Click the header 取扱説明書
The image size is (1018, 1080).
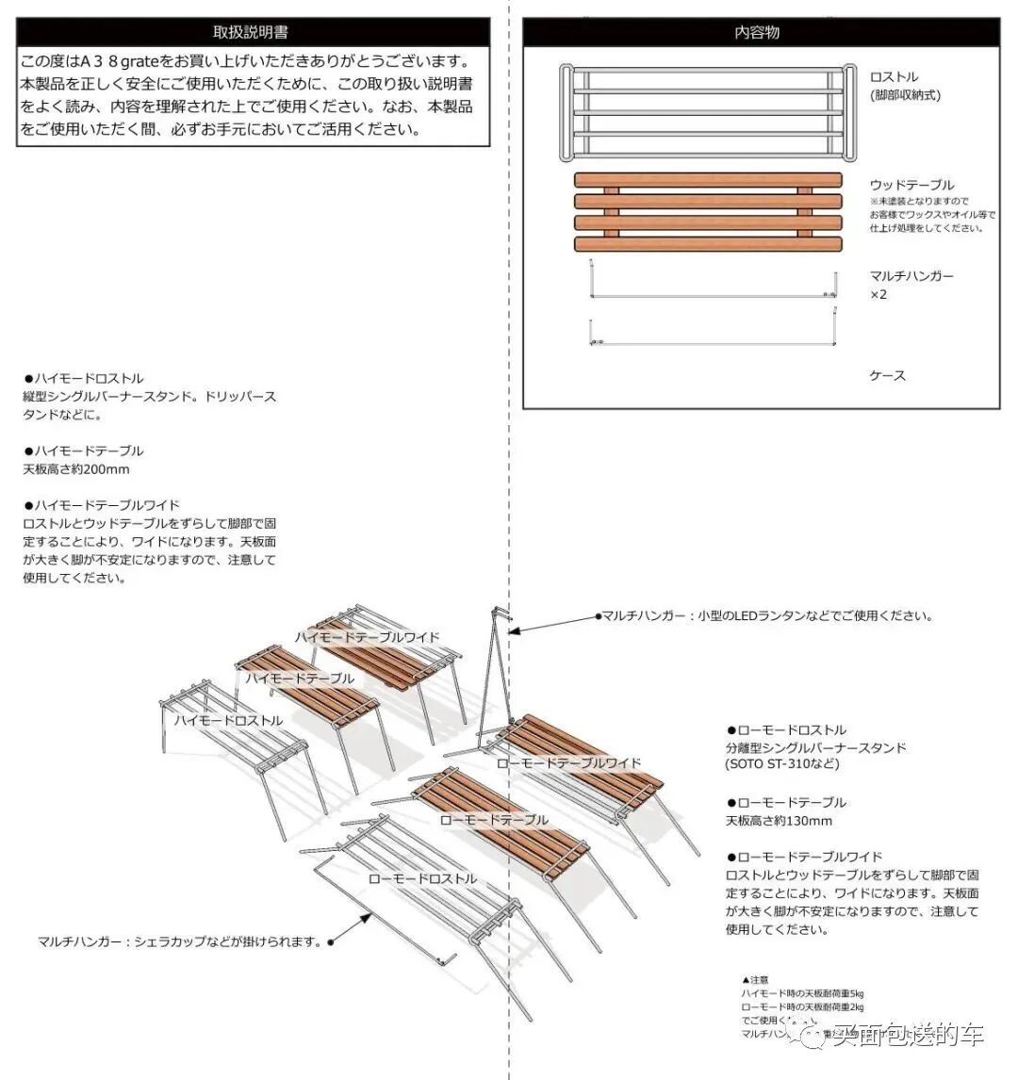coord(253,32)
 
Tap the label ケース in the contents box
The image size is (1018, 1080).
coord(887,376)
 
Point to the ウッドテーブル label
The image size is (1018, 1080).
coord(911,185)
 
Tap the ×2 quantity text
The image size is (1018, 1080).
coord(878,295)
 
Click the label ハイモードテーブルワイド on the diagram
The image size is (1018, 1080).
coord(367,637)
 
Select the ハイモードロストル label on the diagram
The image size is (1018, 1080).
coord(228,720)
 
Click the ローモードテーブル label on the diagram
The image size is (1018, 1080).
coord(493,820)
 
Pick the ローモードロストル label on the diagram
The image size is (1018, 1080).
coord(422,878)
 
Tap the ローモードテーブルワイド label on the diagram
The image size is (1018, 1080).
coord(568,763)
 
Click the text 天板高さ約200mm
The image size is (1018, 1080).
coord(76,469)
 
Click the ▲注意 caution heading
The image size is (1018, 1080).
coord(756,980)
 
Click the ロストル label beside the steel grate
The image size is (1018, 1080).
coord(894,77)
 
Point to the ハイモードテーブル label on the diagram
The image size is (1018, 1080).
coord(300,679)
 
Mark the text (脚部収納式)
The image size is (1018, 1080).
coord(905,95)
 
